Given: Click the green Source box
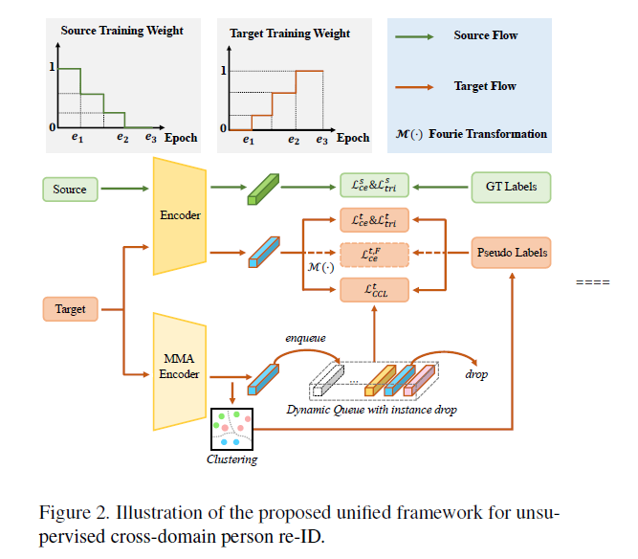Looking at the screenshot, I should (x=70, y=190).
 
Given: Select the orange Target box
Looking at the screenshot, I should (x=70, y=309).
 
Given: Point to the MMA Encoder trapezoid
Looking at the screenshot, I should (x=180, y=368).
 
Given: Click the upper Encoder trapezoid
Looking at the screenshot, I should (x=180, y=215).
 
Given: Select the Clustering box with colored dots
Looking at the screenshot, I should (x=231, y=430).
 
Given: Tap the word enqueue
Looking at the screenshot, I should (x=305, y=338).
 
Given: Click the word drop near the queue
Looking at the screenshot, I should (x=475, y=374).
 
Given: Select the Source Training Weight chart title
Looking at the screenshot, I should (x=121, y=31).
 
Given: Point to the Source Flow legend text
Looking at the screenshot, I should (x=485, y=35).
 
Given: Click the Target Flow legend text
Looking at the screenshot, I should (x=485, y=86).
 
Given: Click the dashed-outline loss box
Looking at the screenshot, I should (x=375, y=254).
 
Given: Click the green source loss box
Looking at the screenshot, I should (x=375, y=186).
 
